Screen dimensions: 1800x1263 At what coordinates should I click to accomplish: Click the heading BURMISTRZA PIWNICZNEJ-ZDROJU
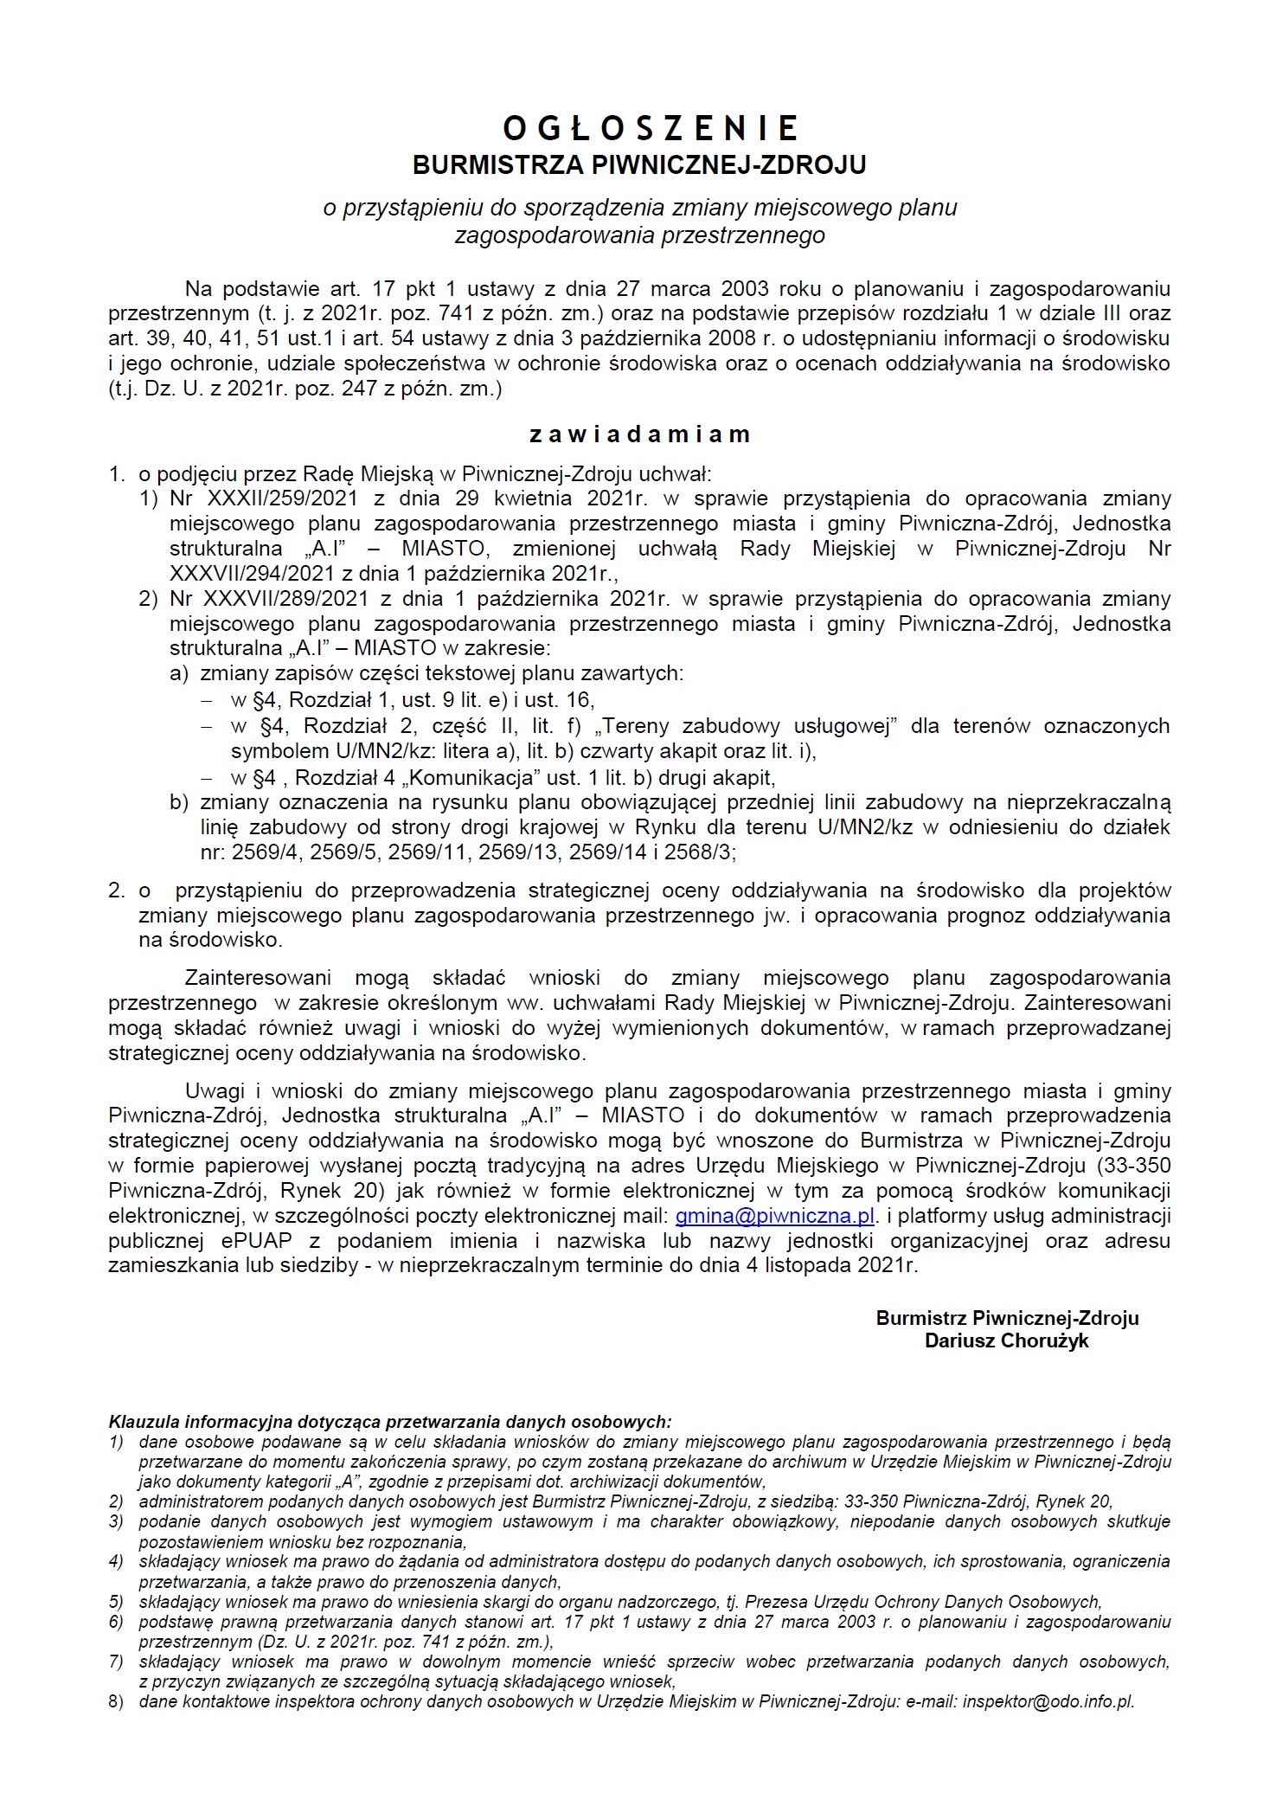tap(639, 164)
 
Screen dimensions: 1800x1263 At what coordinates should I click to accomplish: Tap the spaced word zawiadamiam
tap(639, 434)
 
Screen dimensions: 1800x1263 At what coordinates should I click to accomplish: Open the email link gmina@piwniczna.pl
tap(775, 1216)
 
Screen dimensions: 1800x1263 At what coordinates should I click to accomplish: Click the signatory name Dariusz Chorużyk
tap(1006, 1341)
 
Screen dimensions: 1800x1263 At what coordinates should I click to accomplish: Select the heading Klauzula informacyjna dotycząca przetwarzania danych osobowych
tap(390, 1421)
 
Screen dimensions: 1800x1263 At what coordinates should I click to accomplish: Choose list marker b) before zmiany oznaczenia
tap(179, 802)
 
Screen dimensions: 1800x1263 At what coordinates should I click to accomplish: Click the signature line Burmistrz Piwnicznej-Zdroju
tap(1007, 1318)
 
